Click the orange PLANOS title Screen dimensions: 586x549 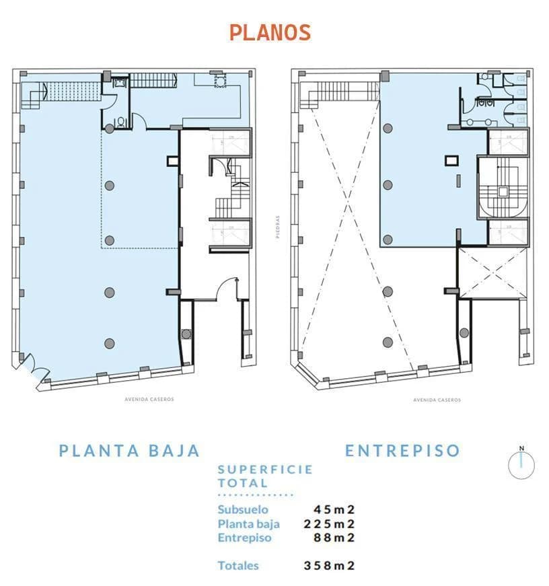pyautogui.click(x=270, y=32)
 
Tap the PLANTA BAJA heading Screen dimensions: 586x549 pyautogui.click(x=129, y=450)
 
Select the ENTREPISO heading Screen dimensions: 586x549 pyautogui.click(x=402, y=450)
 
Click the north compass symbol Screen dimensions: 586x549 pyautogui.click(x=521, y=464)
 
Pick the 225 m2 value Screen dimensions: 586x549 pyautogui.click(x=329, y=523)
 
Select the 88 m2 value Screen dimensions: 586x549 pyautogui.click(x=334, y=537)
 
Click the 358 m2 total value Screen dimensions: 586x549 pyautogui.click(x=329, y=566)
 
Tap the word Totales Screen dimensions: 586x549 pyautogui.click(x=238, y=566)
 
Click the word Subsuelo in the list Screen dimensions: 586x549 pyautogui.click(x=242, y=509)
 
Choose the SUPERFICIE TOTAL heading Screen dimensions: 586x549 pyautogui.click(x=264, y=476)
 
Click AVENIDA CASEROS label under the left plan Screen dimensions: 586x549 pyautogui.click(x=149, y=399)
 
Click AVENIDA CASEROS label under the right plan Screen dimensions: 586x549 pyautogui.click(x=437, y=400)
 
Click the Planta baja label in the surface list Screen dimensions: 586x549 pyautogui.click(x=248, y=523)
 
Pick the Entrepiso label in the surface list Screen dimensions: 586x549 pyautogui.click(x=244, y=537)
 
